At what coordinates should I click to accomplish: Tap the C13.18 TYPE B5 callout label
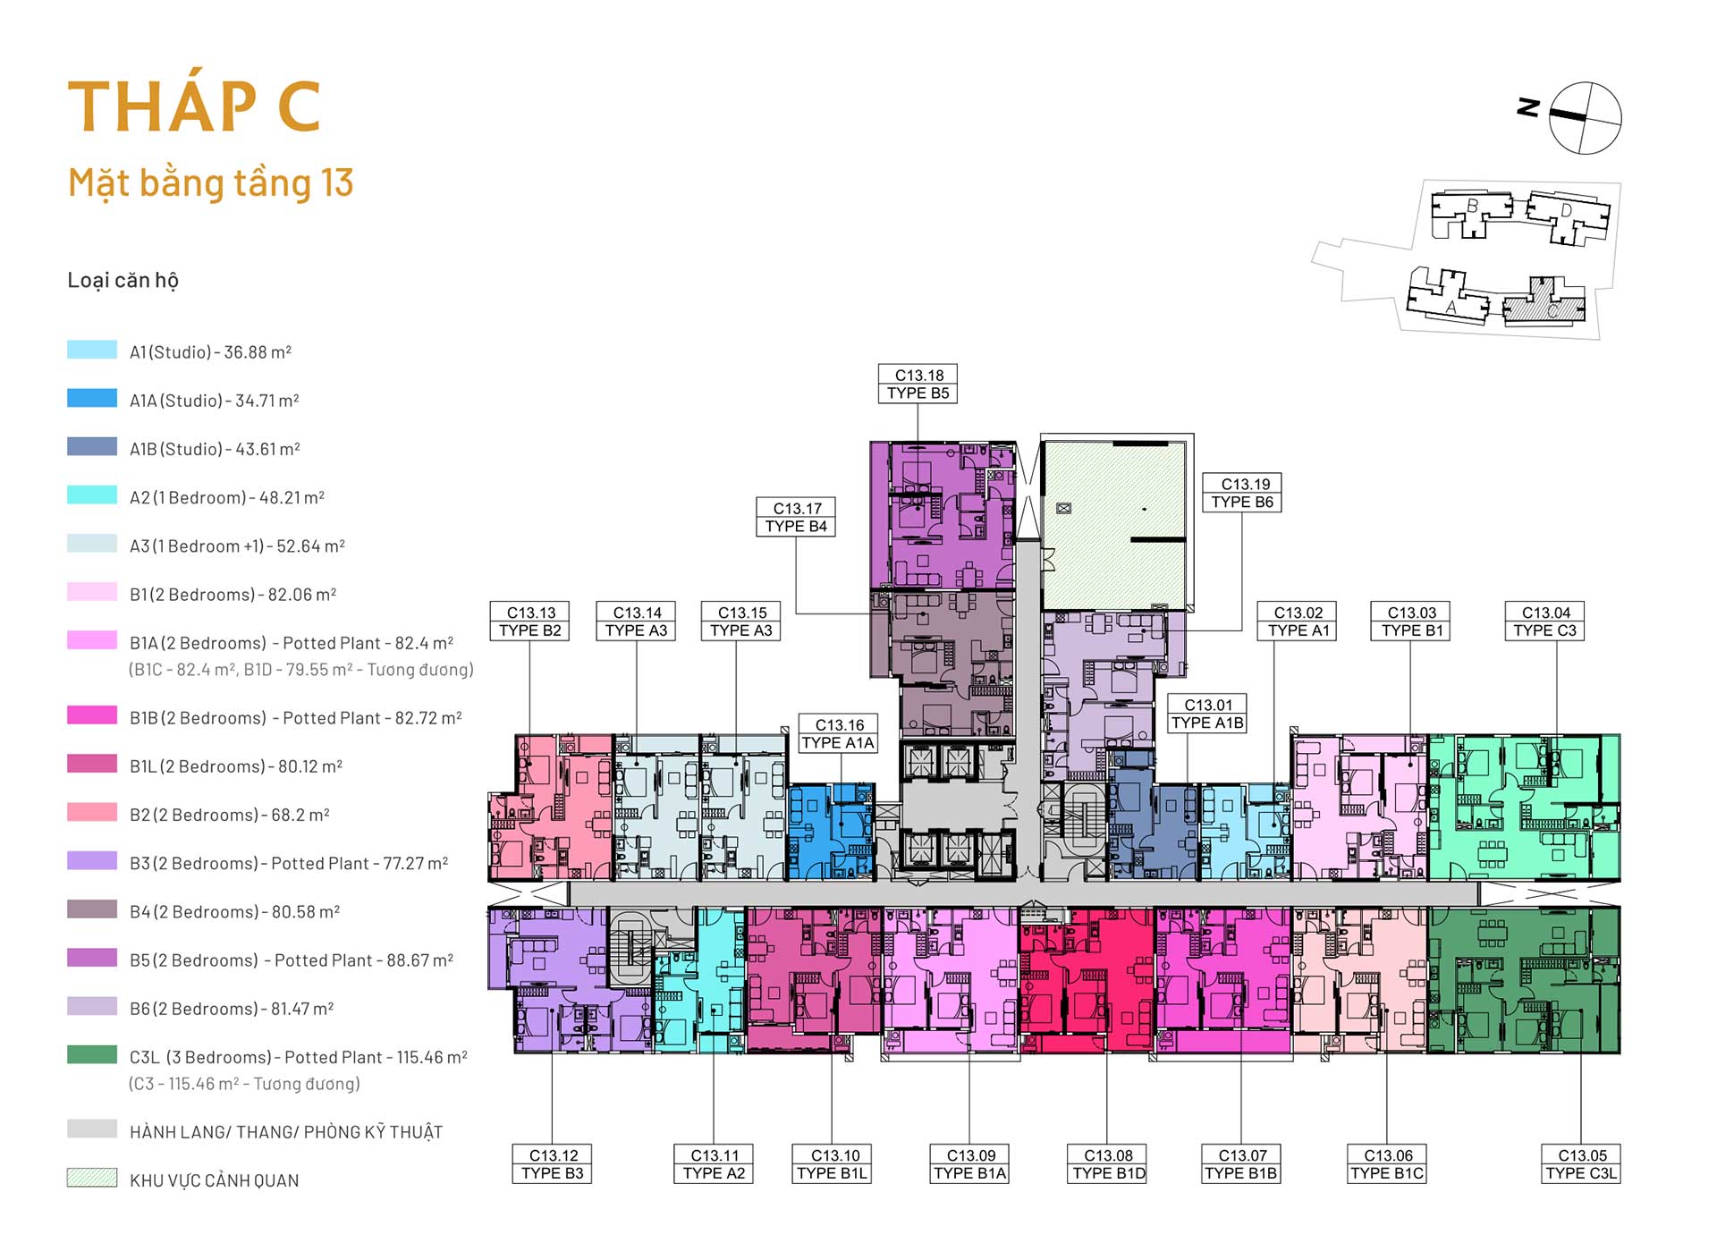pos(918,384)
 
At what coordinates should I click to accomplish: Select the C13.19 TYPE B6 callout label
pos(1242,493)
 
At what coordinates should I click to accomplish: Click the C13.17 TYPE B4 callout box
pos(796,517)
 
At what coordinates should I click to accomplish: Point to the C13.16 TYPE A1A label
pos(838,733)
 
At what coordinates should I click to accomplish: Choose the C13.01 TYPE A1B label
pos(1207,714)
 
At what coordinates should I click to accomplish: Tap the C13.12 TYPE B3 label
pos(552,1163)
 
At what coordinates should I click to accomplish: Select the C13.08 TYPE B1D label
pos(1108,1163)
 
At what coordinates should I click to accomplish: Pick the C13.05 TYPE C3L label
pos(1581,1163)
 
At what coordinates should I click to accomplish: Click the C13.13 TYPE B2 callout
pos(530,621)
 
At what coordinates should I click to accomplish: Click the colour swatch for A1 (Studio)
pos(92,350)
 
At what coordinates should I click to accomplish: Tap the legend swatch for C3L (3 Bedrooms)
pos(92,1054)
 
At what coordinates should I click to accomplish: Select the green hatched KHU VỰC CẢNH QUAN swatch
pos(92,1178)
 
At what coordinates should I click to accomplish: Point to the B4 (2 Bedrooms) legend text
pos(234,911)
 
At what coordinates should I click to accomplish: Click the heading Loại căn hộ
pos(123,280)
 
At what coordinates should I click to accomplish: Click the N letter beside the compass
pos(1528,107)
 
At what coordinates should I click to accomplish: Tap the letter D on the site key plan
pos(1566,211)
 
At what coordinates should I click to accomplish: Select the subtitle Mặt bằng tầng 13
pos(211,183)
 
